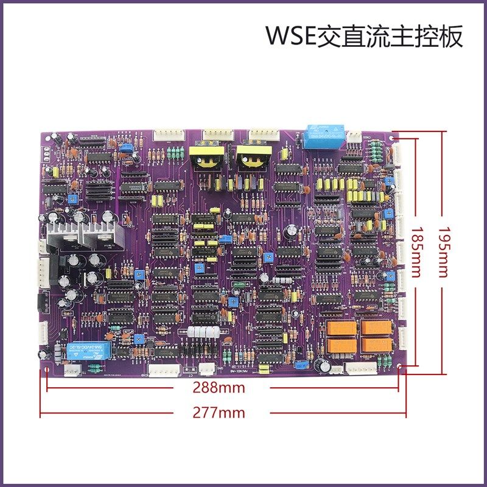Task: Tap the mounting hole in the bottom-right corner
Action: pyautogui.click(x=399, y=367)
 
